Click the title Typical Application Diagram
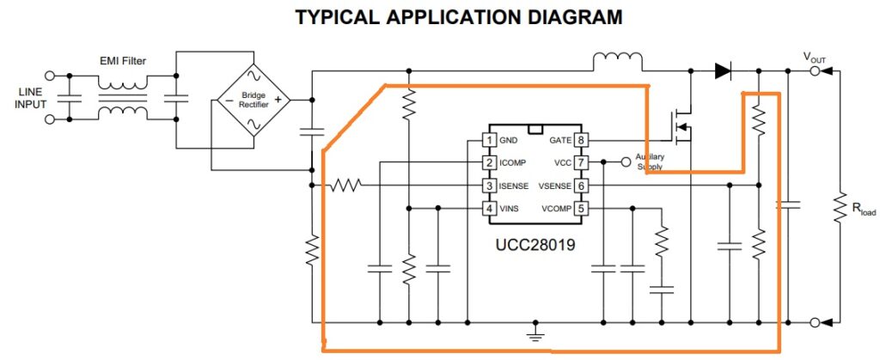pyautogui.click(x=458, y=17)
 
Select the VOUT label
pyautogui.click(x=815, y=58)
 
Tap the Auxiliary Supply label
pyautogui.click(x=651, y=162)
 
